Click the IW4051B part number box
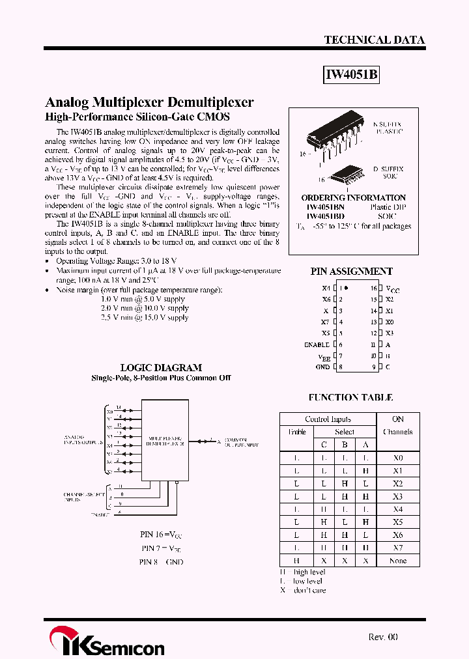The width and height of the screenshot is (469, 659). (351, 75)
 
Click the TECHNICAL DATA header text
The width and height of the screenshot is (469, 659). (374, 40)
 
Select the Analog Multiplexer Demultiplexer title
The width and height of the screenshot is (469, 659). (149, 102)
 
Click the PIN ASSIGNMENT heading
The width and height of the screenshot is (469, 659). (351, 272)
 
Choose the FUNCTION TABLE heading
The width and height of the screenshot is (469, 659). (350, 397)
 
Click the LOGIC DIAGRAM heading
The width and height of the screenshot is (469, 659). (161, 367)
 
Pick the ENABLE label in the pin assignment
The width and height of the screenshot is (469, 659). (317, 344)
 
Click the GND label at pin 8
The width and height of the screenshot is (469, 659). (322, 367)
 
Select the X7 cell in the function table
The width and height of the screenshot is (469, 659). (398, 548)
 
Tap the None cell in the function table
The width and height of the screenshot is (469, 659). (397, 561)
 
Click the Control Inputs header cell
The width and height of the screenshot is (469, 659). (328, 419)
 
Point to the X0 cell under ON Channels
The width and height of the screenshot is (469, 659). (398, 458)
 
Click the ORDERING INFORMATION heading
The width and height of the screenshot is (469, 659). (353, 197)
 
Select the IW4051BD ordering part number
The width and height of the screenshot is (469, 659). (326, 216)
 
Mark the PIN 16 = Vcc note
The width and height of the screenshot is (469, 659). (162, 534)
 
